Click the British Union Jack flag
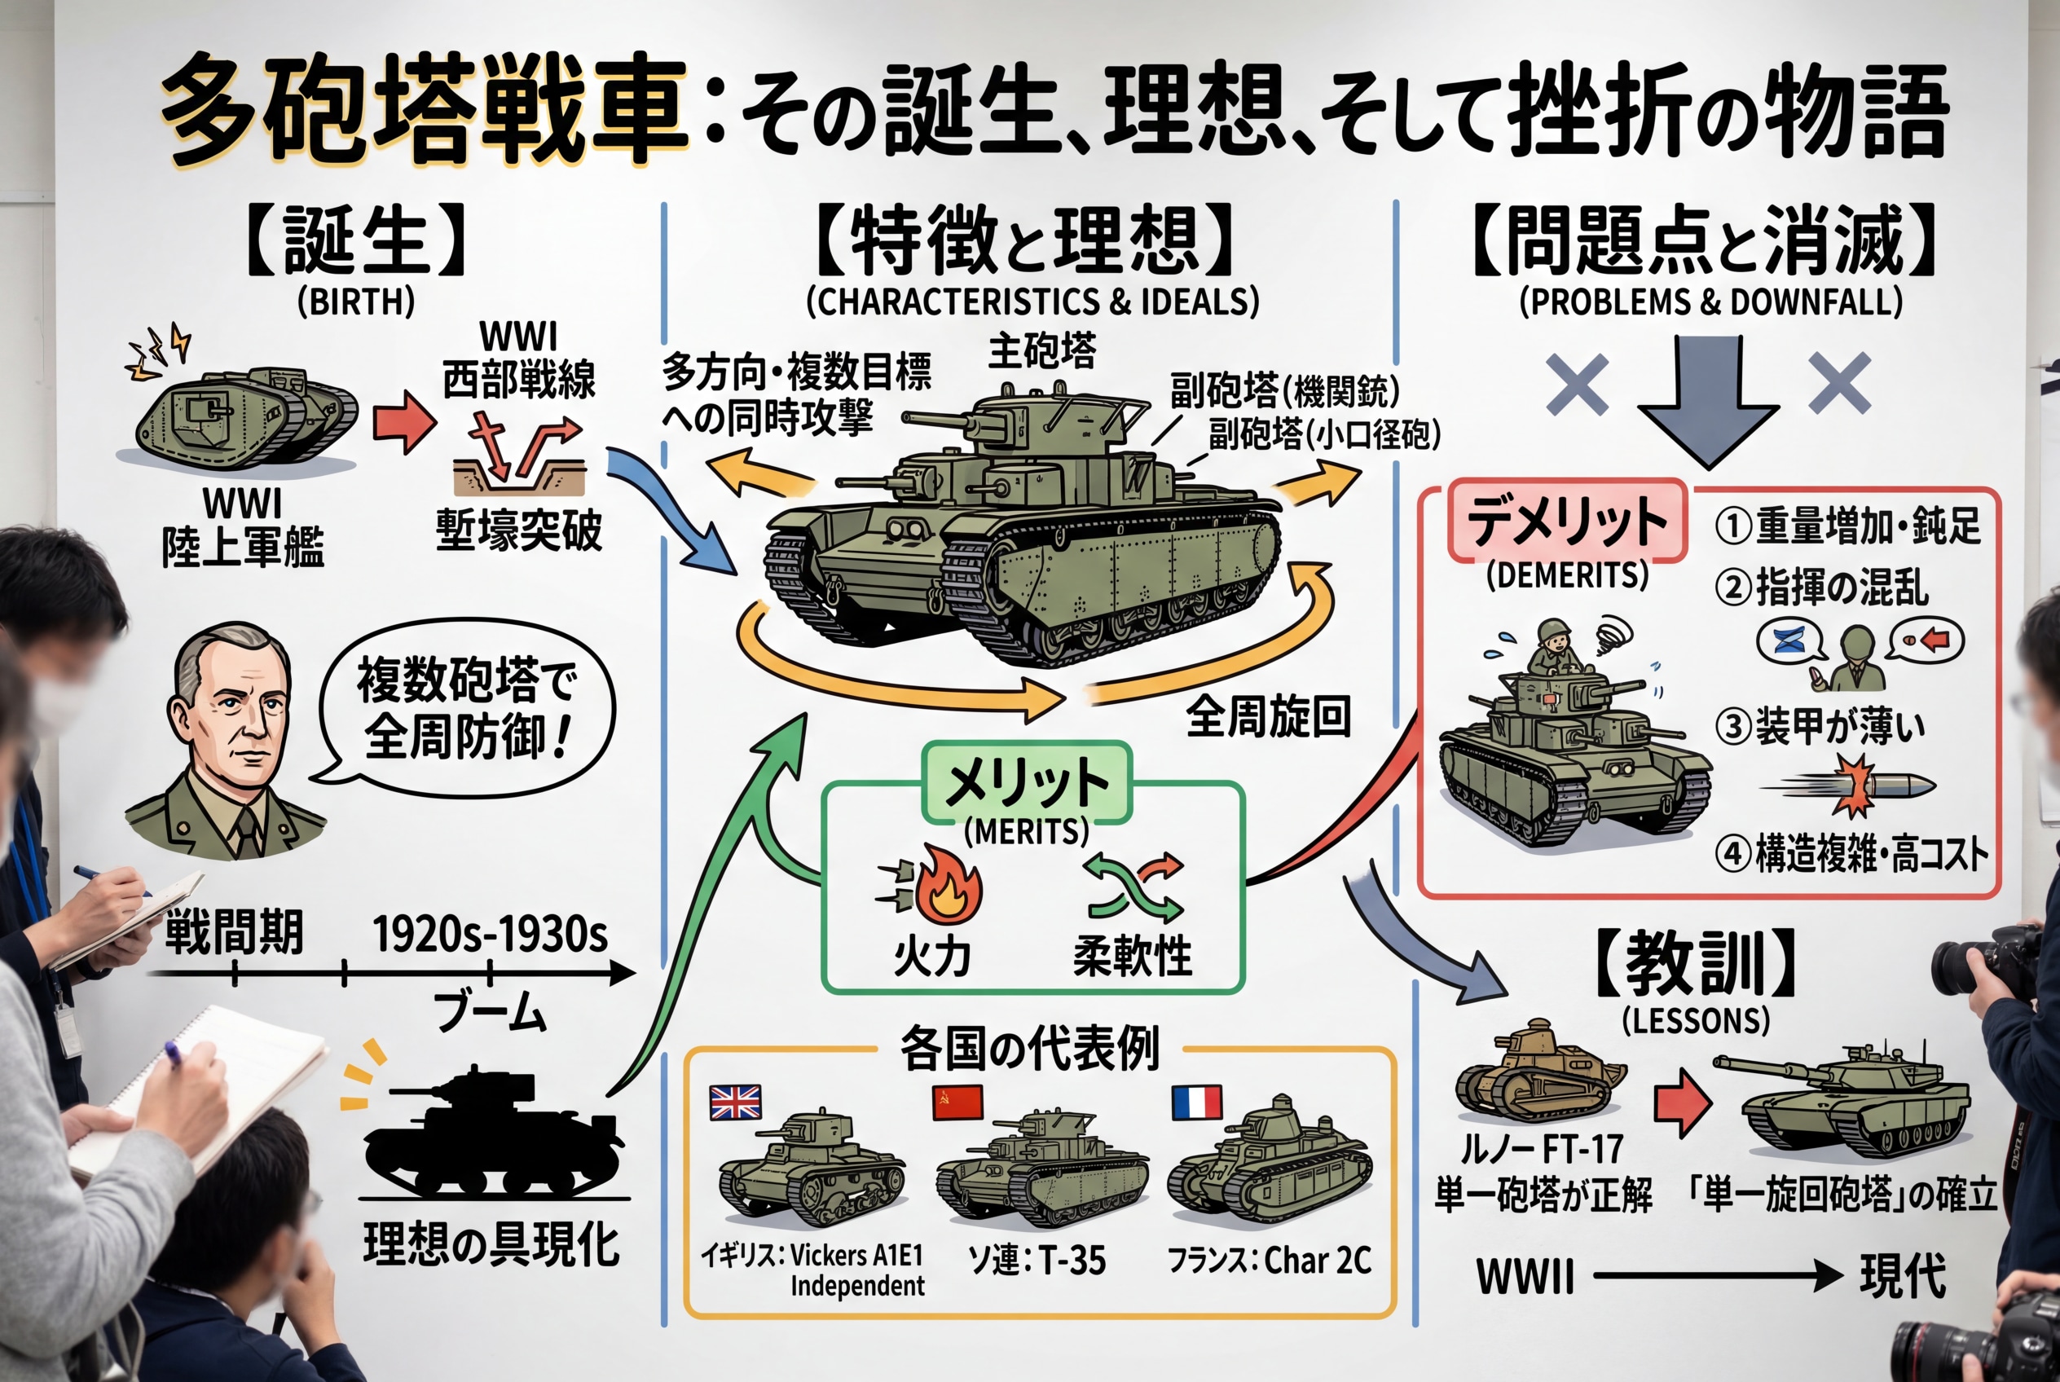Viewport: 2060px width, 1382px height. pyautogui.click(x=735, y=1102)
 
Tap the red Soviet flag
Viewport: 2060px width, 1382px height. pyautogui.click(x=957, y=1102)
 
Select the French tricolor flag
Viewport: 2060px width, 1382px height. pyautogui.click(x=1196, y=1102)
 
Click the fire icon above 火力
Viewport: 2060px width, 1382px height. pyautogui.click(x=947, y=894)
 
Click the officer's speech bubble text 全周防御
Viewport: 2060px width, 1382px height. pyautogui.click(x=467, y=735)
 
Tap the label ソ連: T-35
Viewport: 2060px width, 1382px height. pyautogui.click(x=1037, y=1261)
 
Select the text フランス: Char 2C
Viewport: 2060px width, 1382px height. pyautogui.click(x=1270, y=1261)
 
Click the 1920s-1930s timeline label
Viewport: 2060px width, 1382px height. pyautogui.click(x=489, y=935)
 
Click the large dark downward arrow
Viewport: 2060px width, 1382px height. pyautogui.click(x=1707, y=401)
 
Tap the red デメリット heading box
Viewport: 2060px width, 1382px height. pyautogui.click(x=1566, y=520)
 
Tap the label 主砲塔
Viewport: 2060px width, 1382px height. pyautogui.click(x=1042, y=350)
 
